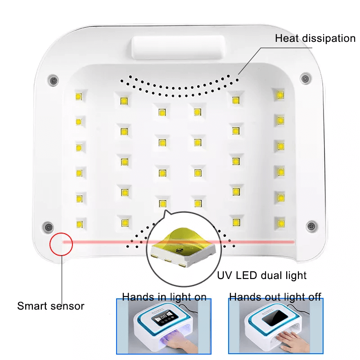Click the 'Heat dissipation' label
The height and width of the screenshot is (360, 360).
click(315, 38)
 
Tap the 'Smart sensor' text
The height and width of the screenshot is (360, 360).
click(50, 306)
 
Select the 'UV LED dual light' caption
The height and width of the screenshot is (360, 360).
click(261, 275)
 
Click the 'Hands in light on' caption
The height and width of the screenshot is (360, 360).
click(164, 297)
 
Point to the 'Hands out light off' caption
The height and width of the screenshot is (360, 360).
click(275, 297)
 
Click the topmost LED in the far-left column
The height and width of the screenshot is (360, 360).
click(78, 96)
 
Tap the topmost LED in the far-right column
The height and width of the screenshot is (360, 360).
click(280, 95)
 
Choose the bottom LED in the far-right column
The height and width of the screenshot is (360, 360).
click(280, 222)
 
